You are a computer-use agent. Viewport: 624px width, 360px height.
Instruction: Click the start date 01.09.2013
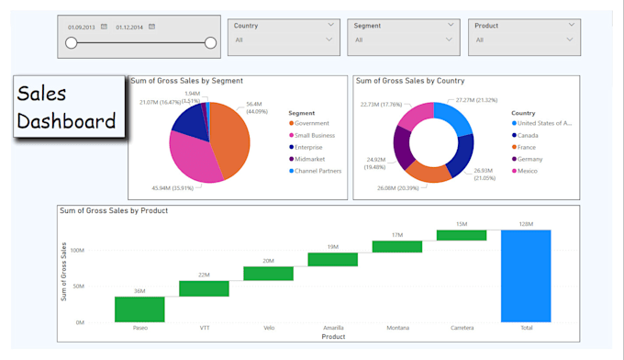pyautogui.click(x=81, y=27)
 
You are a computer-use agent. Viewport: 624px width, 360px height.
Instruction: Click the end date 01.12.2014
pyautogui.click(x=129, y=27)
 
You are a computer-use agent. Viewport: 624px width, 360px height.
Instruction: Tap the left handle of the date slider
pyautogui.click(x=72, y=42)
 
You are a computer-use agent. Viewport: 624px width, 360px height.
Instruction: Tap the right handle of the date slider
pyautogui.click(x=210, y=42)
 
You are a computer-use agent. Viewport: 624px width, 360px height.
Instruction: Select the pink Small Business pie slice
pyautogui.click(x=191, y=156)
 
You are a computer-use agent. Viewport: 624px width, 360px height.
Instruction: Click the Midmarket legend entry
pyautogui.click(x=310, y=159)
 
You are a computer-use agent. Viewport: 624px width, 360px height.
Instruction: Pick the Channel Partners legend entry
pyautogui.click(x=317, y=171)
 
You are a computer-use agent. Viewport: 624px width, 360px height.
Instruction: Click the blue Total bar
pyautogui.click(x=526, y=276)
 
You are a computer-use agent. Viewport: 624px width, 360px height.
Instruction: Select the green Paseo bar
pyautogui.click(x=139, y=309)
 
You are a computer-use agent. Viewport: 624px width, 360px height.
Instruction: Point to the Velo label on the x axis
pyautogui.click(x=268, y=328)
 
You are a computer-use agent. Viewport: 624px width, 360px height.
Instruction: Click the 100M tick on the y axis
pyautogui.click(x=76, y=250)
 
